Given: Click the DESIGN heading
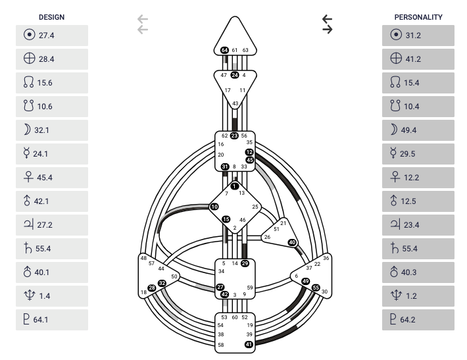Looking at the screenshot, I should click(52, 17).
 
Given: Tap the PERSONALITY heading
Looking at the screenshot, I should click(418, 17).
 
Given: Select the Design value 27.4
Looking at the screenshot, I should click(46, 36).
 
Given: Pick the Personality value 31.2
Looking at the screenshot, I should click(413, 36).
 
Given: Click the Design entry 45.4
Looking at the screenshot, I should click(45, 178).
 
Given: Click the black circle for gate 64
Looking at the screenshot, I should click(225, 50).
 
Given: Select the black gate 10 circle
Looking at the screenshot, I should click(214, 207).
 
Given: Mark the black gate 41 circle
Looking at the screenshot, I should click(249, 344).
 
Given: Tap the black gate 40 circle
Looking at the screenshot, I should click(293, 243).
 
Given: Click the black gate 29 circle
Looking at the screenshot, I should click(245, 263).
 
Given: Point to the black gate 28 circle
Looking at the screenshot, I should click(152, 288).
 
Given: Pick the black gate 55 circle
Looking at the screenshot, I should click(316, 288).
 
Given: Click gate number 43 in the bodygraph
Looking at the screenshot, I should click(235, 103).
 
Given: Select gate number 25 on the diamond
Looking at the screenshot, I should click(256, 207).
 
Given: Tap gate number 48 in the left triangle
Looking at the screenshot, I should click(143, 258).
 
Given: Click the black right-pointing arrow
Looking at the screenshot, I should click(327, 30).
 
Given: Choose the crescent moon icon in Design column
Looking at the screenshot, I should click(26, 130).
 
